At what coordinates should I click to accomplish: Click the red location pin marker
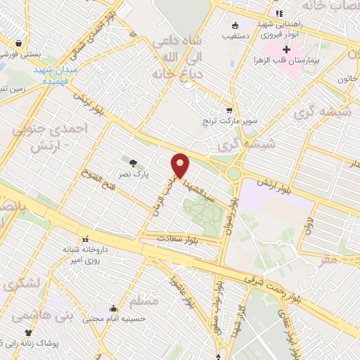click(181, 165)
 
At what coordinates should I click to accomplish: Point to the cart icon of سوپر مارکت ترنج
click(229, 110)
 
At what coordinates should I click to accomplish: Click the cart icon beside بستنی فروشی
click(27, 42)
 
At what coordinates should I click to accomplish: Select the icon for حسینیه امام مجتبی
click(113, 308)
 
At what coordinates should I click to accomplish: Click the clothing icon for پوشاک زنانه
click(29, 332)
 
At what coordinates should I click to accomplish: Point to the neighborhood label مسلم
click(144, 301)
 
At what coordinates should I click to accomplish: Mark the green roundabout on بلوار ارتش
click(234, 173)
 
